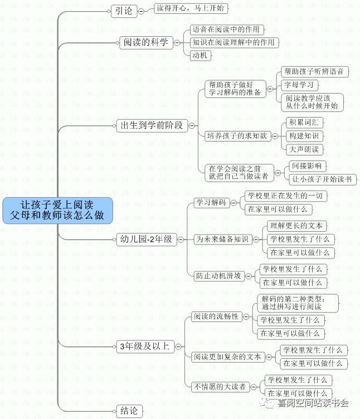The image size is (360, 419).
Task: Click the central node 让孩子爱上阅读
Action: pos(57,210)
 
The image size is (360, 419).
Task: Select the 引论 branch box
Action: pos(124,11)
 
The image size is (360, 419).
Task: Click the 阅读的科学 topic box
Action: pos(145,42)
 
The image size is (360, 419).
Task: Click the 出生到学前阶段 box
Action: pos(152,125)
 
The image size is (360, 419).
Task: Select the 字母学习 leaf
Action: pos(298,85)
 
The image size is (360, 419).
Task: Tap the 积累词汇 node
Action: pos(304,122)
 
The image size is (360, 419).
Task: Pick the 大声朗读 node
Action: pos(304,149)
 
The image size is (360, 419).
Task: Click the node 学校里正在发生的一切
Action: pos(285,196)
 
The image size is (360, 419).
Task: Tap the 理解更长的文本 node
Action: pos(295,226)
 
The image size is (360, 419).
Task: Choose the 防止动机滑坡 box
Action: pos(218,275)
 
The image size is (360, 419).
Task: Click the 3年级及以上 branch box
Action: pos(144,347)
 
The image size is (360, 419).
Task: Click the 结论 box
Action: pos(128,411)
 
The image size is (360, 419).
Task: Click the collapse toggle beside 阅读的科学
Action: pos(177,42)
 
